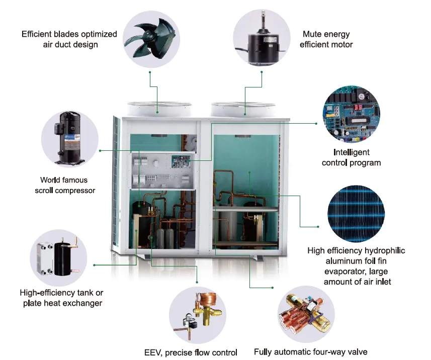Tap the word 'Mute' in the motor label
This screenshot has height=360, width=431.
pos(312,34)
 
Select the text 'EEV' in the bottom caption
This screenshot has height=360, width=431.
pos(152,352)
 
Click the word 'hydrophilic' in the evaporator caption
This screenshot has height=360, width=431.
pos(381,250)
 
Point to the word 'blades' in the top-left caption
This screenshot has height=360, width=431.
pos(70,34)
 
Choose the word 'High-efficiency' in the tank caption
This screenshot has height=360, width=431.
pos(46,293)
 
